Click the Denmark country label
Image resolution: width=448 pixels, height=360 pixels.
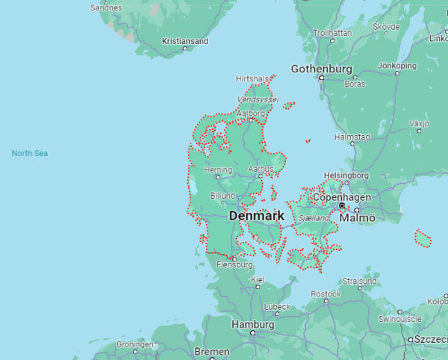257,216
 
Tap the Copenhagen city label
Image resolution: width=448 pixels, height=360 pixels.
341,197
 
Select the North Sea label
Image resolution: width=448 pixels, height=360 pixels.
30,153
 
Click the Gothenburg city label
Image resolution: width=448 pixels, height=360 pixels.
321,69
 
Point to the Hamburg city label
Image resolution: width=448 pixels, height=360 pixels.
252,325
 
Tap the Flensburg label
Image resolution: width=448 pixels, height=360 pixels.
234,264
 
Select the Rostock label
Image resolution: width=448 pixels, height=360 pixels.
326,294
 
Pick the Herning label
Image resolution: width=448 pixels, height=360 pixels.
217,170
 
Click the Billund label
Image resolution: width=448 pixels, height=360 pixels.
223,195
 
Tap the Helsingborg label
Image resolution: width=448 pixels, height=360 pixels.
346,176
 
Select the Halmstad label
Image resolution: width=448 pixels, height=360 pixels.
352,137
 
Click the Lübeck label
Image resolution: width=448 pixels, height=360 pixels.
276,307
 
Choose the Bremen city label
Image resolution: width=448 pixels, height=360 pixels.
212,351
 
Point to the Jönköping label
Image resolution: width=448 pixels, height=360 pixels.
397,66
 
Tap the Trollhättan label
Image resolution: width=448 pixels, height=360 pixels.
332,33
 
